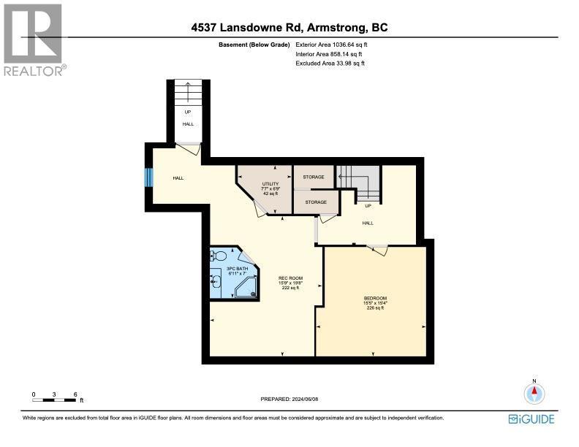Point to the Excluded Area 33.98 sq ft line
pos(330,64)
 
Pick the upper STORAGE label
pos(314,177)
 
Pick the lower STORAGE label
pos(316,202)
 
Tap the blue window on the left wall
pos(148,178)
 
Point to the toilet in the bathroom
pos(219,256)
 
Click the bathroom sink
pos(215,280)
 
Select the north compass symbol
pos(534,393)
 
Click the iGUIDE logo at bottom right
pos(531,419)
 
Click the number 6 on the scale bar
pos(75,394)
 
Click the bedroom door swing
pos(378,250)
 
